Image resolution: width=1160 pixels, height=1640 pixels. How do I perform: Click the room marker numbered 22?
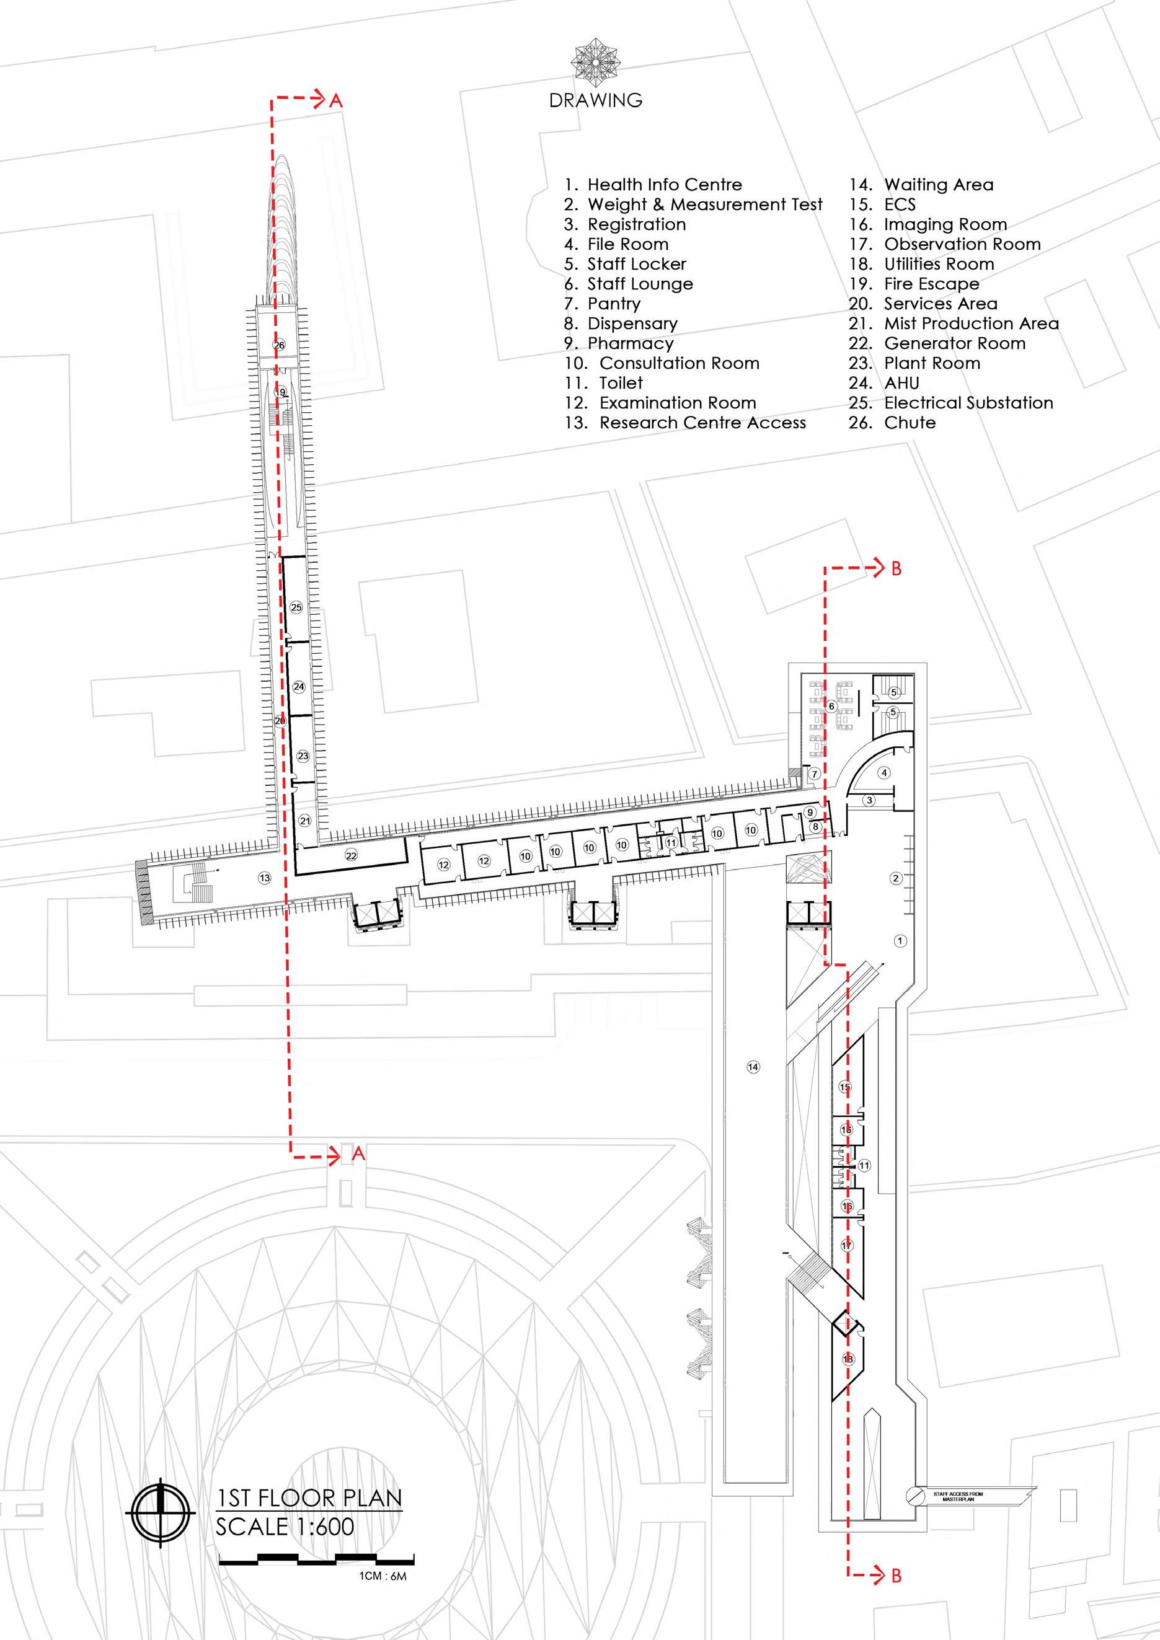351,855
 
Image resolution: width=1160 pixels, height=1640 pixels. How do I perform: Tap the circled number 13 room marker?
265,877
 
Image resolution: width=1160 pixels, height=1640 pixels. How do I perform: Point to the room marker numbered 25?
296,607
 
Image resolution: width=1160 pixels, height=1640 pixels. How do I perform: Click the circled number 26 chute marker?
279,345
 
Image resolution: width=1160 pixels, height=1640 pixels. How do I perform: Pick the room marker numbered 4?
884,772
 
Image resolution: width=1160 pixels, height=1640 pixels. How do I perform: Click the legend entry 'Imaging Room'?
945,224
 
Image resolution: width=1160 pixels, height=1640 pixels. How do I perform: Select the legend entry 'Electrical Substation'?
968,403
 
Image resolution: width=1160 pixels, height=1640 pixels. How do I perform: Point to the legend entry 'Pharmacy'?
630,343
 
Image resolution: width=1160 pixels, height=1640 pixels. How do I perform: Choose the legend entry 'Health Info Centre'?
664,185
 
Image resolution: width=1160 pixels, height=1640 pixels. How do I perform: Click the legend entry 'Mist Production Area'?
971,324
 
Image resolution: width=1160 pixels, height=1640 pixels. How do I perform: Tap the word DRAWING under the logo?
596,100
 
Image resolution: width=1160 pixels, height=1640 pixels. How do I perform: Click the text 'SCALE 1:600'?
285,1521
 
